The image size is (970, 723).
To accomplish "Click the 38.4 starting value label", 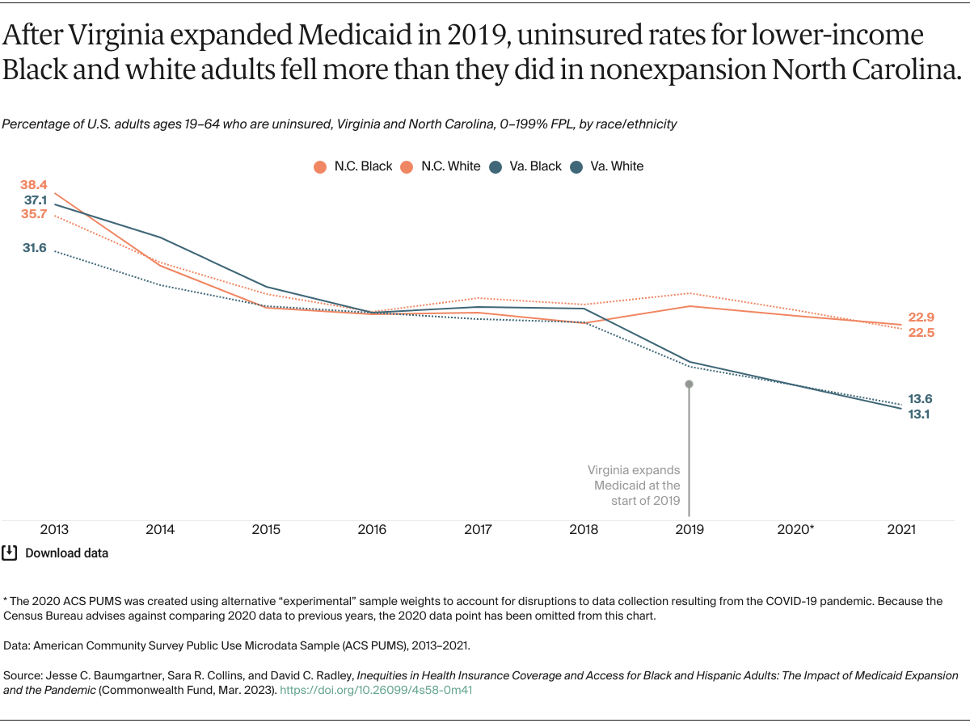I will (x=35, y=185).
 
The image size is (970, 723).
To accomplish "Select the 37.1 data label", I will (x=35, y=200).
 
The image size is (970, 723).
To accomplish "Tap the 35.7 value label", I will (x=35, y=214).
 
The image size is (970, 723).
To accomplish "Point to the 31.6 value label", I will (x=35, y=248).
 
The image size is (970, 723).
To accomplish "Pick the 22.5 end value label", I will (x=921, y=332).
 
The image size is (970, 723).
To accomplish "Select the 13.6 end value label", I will (x=921, y=398).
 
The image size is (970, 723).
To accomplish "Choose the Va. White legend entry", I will (x=608, y=166).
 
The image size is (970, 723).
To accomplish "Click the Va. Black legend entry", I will (x=526, y=166).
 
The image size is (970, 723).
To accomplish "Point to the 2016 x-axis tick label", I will (x=372, y=530).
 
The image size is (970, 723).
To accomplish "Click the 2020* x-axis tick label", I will (x=795, y=530).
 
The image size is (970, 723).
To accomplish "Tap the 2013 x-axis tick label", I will (x=54, y=530).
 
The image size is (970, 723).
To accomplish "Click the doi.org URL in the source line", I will (x=375, y=691).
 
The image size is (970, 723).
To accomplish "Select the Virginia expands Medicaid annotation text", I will (x=635, y=485).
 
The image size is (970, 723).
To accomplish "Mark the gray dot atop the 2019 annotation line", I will (x=689, y=385).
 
